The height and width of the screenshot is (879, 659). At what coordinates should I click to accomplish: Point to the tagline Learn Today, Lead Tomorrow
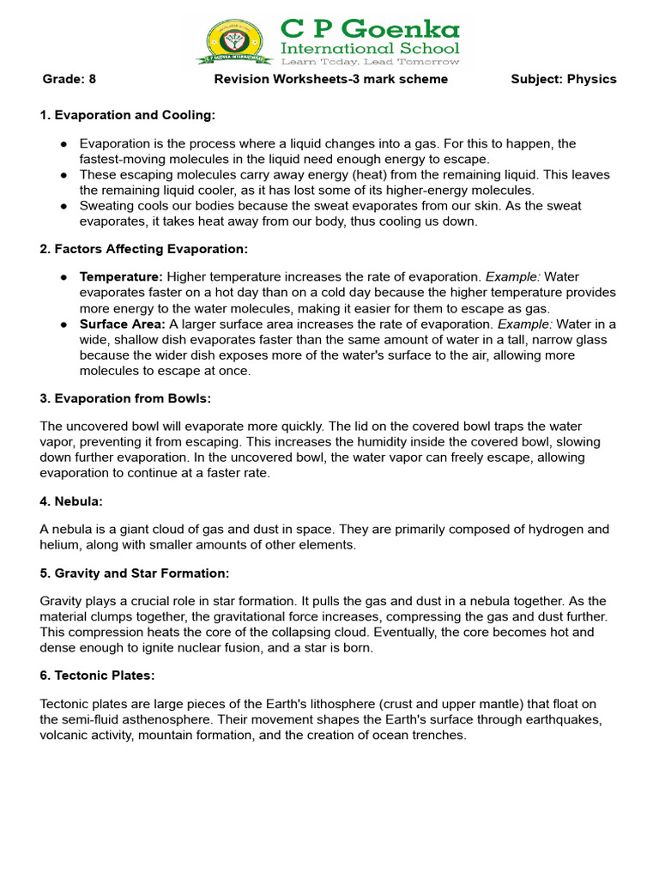coord(370,62)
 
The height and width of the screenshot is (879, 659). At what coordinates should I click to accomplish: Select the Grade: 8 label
coord(70,79)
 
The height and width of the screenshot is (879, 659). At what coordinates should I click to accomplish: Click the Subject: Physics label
coord(563,79)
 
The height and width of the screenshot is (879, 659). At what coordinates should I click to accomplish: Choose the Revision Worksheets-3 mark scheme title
coord(330,79)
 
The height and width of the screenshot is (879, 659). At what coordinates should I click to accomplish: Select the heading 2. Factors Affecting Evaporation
coord(143,249)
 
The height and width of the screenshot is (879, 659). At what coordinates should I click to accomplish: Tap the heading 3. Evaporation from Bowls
coord(125,398)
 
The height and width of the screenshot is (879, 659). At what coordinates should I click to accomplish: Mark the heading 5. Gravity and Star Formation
coord(135,573)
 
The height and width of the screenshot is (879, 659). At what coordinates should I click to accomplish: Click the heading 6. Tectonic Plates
coord(97,676)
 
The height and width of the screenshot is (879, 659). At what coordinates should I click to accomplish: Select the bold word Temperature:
coord(121,277)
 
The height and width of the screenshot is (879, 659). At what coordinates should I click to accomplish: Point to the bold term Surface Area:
coord(123,324)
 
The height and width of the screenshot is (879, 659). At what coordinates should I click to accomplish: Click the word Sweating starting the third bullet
coord(107,206)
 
